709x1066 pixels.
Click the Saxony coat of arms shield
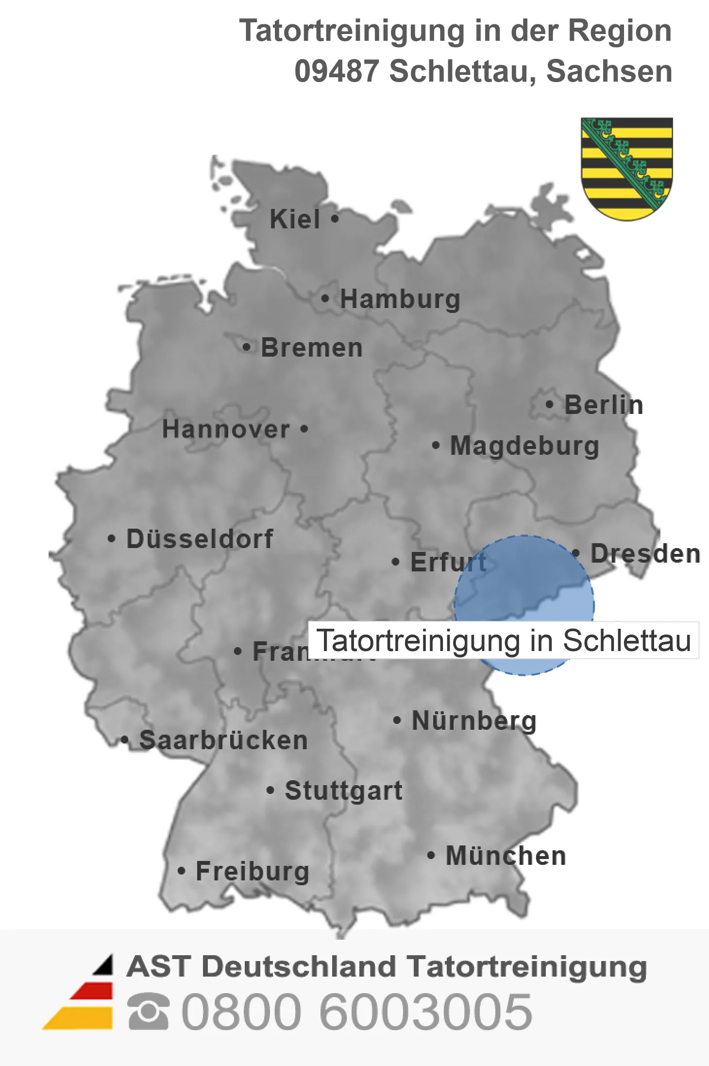626,168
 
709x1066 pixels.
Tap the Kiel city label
295,219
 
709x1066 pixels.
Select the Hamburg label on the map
400,299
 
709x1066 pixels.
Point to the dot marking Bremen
247,347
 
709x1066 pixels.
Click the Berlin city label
604,405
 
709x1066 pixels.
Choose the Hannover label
226,429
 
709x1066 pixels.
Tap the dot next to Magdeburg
436,445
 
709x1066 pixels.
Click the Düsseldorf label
200,539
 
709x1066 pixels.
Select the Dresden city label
645,554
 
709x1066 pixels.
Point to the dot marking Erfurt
396,562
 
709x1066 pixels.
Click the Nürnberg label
474,721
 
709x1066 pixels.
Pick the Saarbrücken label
223,740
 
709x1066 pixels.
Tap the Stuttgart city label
343,791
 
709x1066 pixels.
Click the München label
506,856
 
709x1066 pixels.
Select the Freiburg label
253,871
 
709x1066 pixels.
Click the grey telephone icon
149,1012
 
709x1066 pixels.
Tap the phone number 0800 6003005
357,1012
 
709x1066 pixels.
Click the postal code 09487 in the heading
337,71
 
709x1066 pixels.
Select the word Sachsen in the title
609,71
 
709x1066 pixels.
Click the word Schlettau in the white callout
626,640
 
